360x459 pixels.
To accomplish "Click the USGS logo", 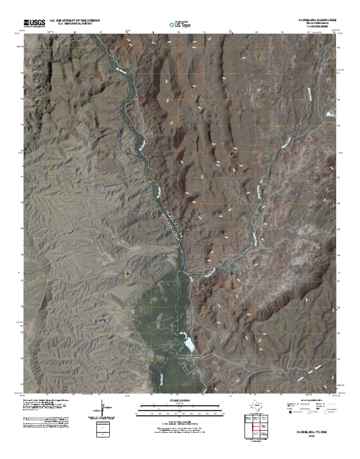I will point(32,23).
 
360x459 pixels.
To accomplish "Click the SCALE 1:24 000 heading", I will point(180,400).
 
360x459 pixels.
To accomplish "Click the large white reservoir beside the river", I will point(188,345).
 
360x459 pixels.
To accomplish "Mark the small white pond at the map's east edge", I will point(331,114).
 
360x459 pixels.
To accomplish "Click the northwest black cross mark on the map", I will point(128,153).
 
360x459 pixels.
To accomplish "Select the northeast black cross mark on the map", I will point(232,153).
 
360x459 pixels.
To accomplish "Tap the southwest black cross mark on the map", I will point(128,273).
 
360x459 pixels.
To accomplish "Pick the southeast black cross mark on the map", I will point(232,273).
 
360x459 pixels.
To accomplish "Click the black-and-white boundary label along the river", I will point(172,226).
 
